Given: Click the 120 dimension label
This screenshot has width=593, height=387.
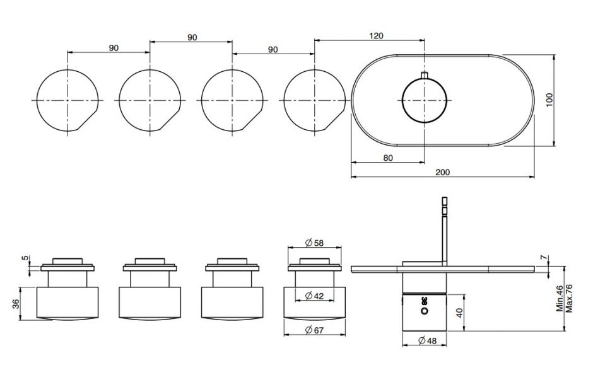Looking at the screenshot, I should [375, 36].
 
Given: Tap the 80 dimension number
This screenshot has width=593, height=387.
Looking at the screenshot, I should [388, 158].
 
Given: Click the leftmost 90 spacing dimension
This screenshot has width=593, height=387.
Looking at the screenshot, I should [114, 48].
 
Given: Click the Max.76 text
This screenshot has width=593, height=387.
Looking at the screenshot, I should [570, 298].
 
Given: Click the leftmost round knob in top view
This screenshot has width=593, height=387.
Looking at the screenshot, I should [67, 100].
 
